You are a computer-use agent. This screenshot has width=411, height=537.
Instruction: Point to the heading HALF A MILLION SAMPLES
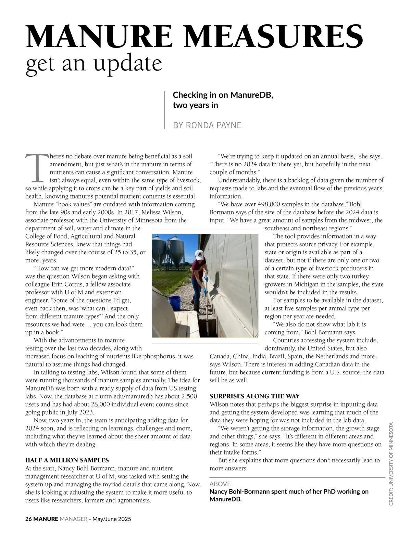tap(67, 460)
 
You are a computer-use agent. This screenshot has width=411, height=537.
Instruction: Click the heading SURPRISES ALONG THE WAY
tap(254, 396)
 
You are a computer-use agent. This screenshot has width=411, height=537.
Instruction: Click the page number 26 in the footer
tap(28, 519)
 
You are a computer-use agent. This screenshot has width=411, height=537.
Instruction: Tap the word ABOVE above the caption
tap(220, 484)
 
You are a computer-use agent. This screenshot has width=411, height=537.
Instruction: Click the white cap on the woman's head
tap(199, 254)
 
